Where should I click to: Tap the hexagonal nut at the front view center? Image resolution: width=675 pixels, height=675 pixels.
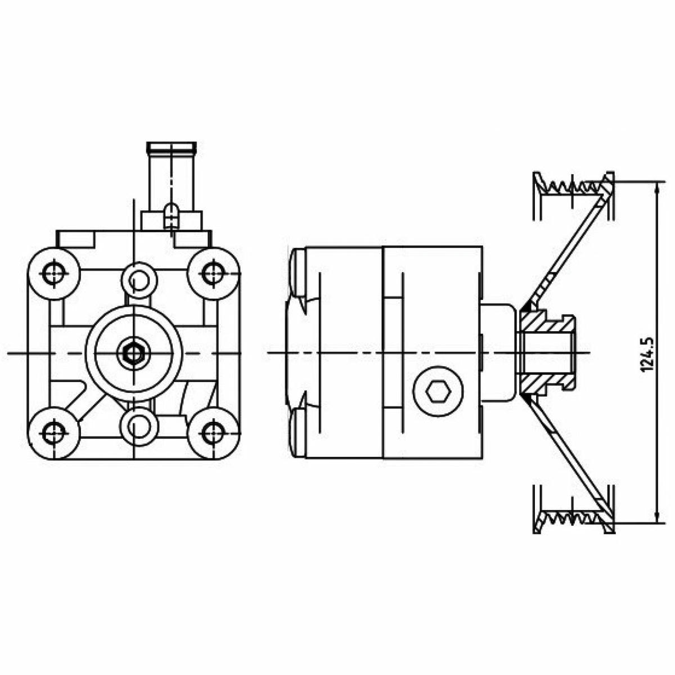pos(133,353)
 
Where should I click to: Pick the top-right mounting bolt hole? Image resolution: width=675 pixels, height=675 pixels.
pos(213,273)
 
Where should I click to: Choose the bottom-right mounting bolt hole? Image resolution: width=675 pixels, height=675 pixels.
pos(213,434)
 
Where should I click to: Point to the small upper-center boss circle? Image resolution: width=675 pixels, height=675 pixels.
pos(139,280)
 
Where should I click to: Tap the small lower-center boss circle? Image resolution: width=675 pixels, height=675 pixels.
pos(139,426)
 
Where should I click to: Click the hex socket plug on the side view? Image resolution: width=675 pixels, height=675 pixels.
pos(438,391)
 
